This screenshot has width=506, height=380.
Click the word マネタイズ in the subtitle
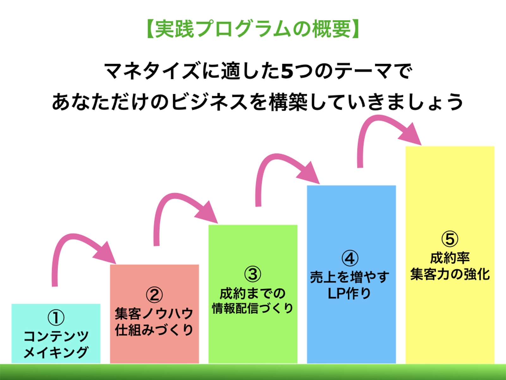coord(152,71)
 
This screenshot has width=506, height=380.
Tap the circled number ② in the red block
coord(154,295)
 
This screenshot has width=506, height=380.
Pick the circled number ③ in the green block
coord(253,274)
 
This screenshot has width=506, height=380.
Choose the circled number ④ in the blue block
coord(350,258)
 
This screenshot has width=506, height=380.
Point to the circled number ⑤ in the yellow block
coord(450,239)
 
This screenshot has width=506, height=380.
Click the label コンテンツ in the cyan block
coord(56,336)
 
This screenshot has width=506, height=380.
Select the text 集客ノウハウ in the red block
coord(154,314)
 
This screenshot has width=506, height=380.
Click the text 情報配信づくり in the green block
coord(253,308)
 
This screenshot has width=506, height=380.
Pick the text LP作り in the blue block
coord(349,293)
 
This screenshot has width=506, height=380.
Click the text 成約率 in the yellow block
coord(450,258)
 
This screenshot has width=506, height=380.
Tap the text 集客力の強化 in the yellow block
coord(450,274)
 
